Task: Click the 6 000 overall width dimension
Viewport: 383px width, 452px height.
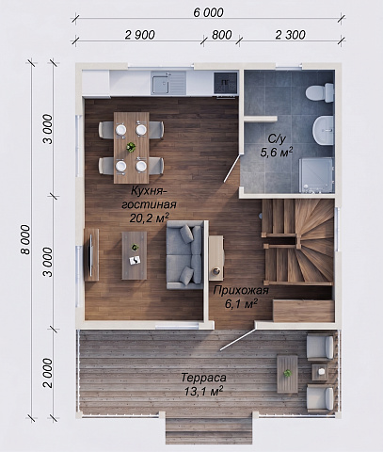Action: [x=208, y=12]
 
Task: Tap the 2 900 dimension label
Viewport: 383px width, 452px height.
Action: [x=140, y=35]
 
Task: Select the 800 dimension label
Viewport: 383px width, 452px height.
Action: [x=222, y=35]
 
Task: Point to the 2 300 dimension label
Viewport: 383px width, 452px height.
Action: [x=291, y=35]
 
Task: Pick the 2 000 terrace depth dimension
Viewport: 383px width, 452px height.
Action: [x=48, y=373]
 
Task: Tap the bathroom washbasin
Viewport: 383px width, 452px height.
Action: [x=323, y=130]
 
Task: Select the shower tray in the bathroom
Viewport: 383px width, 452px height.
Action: [x=315, y=175]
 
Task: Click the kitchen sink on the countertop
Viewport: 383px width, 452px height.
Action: [x=168, y=83]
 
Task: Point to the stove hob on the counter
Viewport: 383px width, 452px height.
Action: [x=225, y=83]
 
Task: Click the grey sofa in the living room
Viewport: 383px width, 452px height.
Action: [x=184, y=254]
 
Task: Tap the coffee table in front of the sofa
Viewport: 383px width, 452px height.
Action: [x=135, y=255]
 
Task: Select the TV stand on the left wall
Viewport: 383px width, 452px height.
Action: [x=91, y=254]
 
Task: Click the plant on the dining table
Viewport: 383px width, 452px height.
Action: [x=131, y=147]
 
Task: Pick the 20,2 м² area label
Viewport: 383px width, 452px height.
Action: [x=150, y=218]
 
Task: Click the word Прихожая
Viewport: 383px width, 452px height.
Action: [x=241, y=290]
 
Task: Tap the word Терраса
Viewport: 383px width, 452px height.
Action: [x=203, y=378]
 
